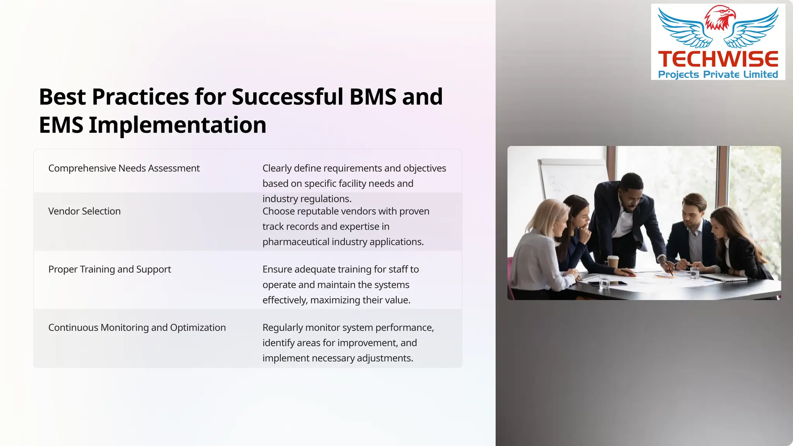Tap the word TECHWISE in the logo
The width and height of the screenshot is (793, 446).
718,59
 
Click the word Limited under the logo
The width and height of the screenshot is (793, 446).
760,74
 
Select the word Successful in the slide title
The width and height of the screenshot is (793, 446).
287,97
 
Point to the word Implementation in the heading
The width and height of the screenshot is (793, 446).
177,125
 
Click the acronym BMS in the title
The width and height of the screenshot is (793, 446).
372,97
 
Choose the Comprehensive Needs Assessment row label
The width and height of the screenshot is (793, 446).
124,168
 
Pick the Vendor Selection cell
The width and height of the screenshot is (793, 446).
84,211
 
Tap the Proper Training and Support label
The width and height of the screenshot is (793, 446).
110,269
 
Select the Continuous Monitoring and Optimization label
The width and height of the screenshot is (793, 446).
137,328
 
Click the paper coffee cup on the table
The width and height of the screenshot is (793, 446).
613,262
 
